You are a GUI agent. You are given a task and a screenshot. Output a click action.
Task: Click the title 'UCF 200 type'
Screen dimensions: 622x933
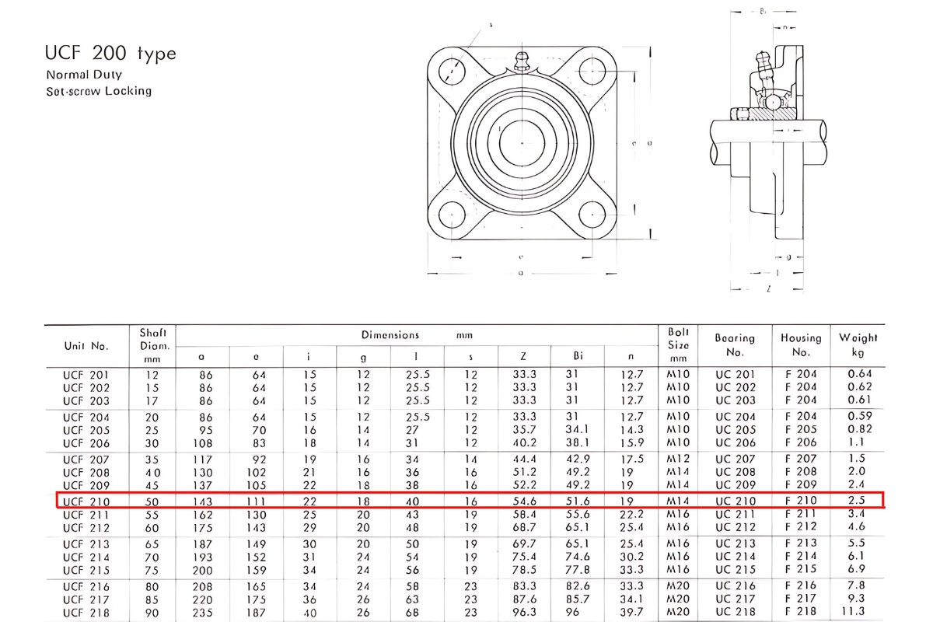(110, 54)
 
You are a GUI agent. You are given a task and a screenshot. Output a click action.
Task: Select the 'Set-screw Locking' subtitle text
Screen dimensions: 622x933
(99, 91)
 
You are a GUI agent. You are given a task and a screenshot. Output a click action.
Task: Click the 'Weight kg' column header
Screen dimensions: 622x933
(858, 344)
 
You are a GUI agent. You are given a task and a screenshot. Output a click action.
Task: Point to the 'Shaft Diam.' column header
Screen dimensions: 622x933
(153, 345)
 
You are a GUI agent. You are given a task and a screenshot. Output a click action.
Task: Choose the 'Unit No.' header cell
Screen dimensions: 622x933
(86, 345)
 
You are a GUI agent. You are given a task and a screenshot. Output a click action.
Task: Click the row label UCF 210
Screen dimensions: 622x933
(86, 501)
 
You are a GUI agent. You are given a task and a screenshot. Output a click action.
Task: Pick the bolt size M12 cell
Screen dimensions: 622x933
(679, 459)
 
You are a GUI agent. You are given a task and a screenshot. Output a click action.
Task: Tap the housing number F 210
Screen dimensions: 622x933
(801, 501)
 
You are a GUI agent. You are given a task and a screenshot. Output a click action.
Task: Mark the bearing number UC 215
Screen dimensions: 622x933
(735, 571)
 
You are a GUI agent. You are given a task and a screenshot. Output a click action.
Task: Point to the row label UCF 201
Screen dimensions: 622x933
(86, 374)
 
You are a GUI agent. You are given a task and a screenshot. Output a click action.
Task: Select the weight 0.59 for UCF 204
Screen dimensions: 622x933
(859, 416)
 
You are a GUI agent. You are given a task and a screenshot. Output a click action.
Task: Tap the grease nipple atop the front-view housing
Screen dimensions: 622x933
(522, 61)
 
